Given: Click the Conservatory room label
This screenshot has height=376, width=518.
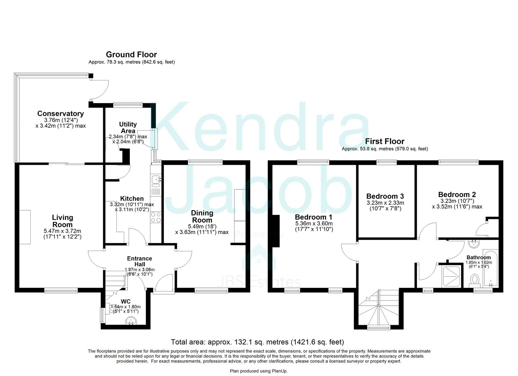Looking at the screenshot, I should tap(60, 113).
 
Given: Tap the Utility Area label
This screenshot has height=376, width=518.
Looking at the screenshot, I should tap(128, 127).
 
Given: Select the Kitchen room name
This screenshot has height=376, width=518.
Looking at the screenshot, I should tap(132, 198).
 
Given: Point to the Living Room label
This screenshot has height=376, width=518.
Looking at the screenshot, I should tap(62, 221).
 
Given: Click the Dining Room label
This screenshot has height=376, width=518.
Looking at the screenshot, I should tap(202, 216).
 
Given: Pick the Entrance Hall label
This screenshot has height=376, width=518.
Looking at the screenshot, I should tap(139, 261).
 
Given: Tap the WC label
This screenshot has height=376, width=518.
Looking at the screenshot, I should tap(126, 301).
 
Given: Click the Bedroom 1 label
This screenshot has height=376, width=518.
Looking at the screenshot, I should tap(314, 217).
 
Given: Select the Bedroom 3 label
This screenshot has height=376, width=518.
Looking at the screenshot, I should tap(385, 196).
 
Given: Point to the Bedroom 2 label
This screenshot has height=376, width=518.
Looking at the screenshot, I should tap(457, 194).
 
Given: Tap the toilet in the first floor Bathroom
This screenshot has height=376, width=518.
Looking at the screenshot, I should tap(475, 280).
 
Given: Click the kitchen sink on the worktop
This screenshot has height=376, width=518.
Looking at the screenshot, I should tap(156, 180).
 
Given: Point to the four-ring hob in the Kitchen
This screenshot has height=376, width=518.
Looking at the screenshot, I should tap(156, 217).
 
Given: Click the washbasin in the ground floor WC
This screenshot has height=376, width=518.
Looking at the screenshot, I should tap(132, 320).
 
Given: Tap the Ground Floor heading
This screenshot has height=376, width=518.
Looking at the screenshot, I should tap(131, 55).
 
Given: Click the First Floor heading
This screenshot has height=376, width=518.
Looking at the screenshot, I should tap(384, 141).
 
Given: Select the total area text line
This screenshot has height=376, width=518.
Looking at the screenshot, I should tap(257, 342).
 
